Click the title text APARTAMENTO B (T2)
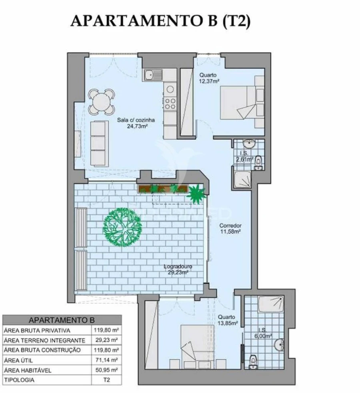pyautogui.click(x=160, y=21)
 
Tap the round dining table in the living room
pyautogui.click(x=101, y=102)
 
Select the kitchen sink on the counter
pyautogui.click(x=153, y=74)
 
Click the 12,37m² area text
pyautogui.click(x=209, y=81)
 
